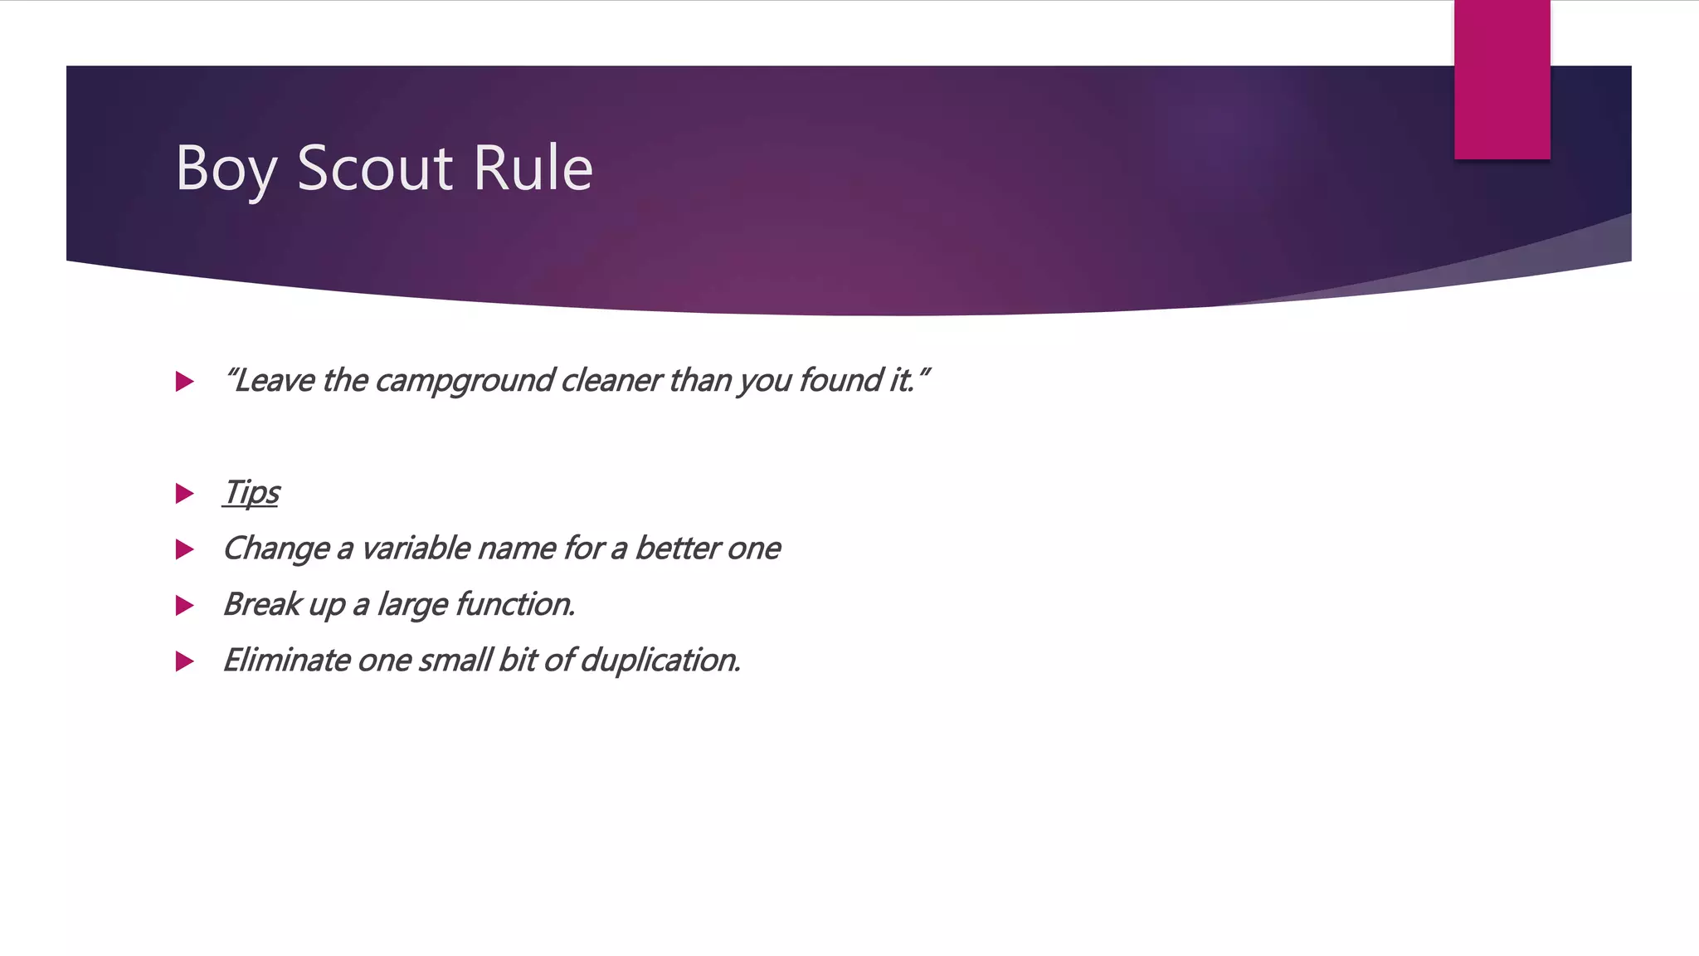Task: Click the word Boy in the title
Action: pos(225,168)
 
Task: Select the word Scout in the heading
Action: pos(374,168)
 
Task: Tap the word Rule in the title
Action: pos(533,168)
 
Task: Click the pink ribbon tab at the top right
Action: pos(1502,79)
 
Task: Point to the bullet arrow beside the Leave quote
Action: pos(185,382)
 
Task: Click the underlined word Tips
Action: pos(251,492)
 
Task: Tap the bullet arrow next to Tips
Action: pos(185,494)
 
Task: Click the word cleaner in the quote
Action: pos(611,381)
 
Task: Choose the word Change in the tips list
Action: pos(275,549)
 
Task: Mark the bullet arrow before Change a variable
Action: pos(185,549)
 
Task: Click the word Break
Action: pos(261,604)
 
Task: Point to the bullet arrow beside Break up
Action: pos(185,606)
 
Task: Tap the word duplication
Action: pos(660,661)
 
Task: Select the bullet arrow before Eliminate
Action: pos(185,661)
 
